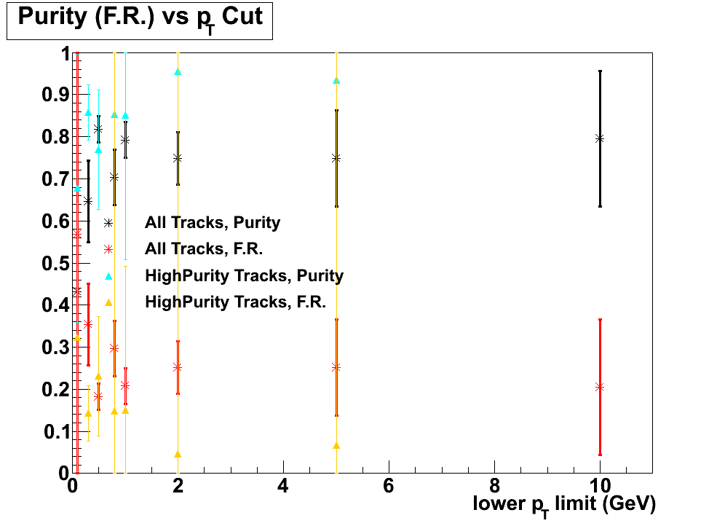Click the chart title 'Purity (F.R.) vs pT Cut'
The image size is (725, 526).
[140, 18]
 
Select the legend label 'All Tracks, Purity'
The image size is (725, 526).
[213, 222]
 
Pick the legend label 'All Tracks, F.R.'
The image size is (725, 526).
[204, 249]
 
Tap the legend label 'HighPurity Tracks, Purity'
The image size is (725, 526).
[244, 276]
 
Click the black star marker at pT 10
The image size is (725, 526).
[600, 138]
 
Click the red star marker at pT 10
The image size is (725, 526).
[600, 387]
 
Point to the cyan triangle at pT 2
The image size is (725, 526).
[178, 72]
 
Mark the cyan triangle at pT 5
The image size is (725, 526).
[336, 81]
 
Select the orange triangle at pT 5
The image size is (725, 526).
[336, 446]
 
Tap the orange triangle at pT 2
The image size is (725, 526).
[178, 455]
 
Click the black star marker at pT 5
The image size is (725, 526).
[336, 158]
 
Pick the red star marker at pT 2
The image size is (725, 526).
[178, 367]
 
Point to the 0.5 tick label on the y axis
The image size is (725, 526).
[54, 264]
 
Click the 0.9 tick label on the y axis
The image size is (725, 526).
[54, 95]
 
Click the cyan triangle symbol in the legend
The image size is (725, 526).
[108, 276]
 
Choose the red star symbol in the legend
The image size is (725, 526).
[108, 249]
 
